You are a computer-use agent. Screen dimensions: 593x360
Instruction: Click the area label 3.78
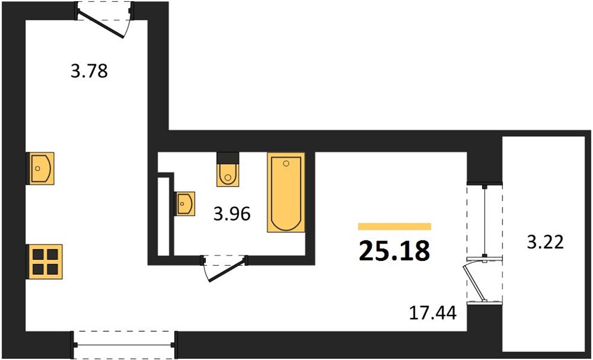point(89,71)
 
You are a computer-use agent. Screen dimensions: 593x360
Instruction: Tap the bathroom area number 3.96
point(232,214)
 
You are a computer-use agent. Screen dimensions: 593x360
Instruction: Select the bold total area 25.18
point(394,251)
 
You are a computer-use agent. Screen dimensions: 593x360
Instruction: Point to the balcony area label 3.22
point(546,242)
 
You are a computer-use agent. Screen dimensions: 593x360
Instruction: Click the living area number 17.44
point(433,313)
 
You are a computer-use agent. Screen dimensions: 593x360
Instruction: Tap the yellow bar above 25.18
point(394,227)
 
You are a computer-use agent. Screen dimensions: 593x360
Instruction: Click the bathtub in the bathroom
point(286,192)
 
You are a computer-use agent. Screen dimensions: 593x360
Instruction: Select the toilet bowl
point(227,175)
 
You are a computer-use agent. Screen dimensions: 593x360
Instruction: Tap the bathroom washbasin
point(185,203)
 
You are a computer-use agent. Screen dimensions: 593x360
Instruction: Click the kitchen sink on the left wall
point(40,168)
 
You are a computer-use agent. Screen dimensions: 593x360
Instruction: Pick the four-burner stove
point(44,262)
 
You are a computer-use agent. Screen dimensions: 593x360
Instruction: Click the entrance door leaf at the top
point(101,24)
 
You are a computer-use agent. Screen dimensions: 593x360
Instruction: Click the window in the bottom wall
point(124,345)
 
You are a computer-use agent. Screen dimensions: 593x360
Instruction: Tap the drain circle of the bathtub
point(286,163)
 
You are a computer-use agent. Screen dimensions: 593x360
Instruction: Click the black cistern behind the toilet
point(227,157)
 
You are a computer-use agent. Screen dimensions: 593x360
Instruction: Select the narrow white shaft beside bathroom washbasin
point(164,216)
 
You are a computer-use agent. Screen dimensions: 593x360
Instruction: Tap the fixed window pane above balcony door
point(484,220)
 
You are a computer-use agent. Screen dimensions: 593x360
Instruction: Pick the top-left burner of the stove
point(38,255)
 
